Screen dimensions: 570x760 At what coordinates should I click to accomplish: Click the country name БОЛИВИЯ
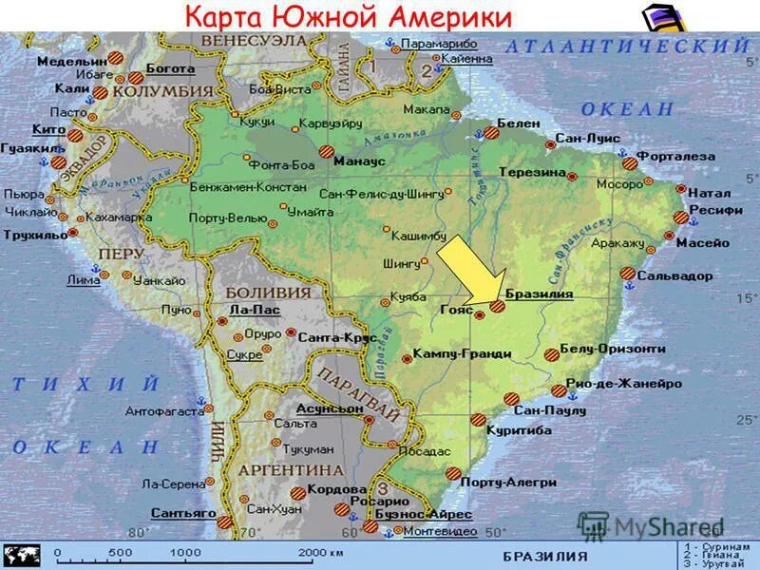pyautogui.click(x=268, y=293)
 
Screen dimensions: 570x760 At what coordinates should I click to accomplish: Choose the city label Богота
pyautogui.click(x=171, y=69)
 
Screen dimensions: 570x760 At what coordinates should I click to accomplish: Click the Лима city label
pyautogui.click(x=84, y=280)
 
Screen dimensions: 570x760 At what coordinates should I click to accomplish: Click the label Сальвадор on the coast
pyautogui.click(x=674, y=275)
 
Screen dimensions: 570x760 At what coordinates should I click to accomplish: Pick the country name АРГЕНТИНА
pyautogui.click(x=291, y=470)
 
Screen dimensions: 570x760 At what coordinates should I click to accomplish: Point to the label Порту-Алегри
pyautogui.click(x=507, y=482)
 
